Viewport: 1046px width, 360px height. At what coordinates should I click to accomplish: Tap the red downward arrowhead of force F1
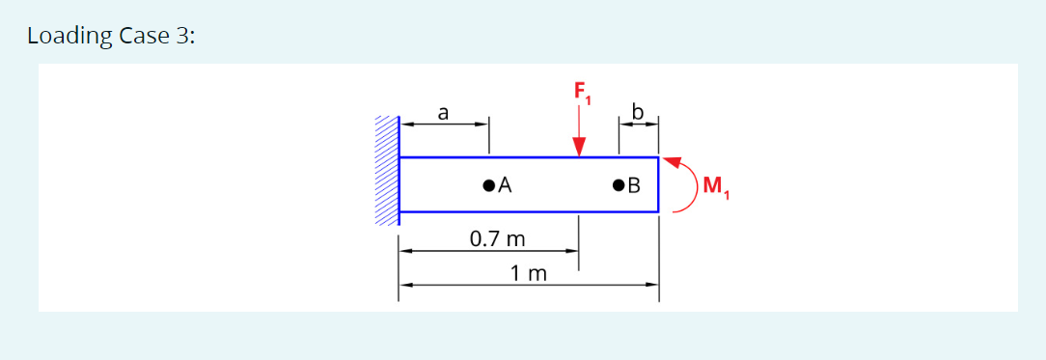point(579,147)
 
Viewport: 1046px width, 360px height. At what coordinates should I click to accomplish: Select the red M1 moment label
point(716,186)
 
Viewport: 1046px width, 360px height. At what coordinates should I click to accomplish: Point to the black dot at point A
point(488,183)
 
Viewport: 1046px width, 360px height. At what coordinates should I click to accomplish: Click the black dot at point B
point(618,183)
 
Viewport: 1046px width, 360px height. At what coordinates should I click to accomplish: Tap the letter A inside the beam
point(504,183)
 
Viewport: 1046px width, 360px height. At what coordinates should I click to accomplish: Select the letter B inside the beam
point(634,184)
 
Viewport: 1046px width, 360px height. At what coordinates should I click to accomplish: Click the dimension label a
point(442,113)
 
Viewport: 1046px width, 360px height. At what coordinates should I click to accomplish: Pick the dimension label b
point(637,112)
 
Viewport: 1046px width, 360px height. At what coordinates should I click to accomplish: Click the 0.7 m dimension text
point(497,237)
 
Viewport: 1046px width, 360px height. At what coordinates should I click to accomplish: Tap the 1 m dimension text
point(529,273)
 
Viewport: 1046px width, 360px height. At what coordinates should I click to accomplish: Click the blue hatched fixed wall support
point(386,171)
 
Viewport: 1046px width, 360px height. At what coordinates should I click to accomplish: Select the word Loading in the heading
point(69,37)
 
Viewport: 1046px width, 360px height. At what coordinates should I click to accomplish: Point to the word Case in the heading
point(144,37)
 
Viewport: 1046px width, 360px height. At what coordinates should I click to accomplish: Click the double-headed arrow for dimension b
point(638,124)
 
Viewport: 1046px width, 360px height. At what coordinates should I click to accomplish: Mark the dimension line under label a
point(444,124)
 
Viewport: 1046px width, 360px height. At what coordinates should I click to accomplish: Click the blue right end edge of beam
point(658,183)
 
